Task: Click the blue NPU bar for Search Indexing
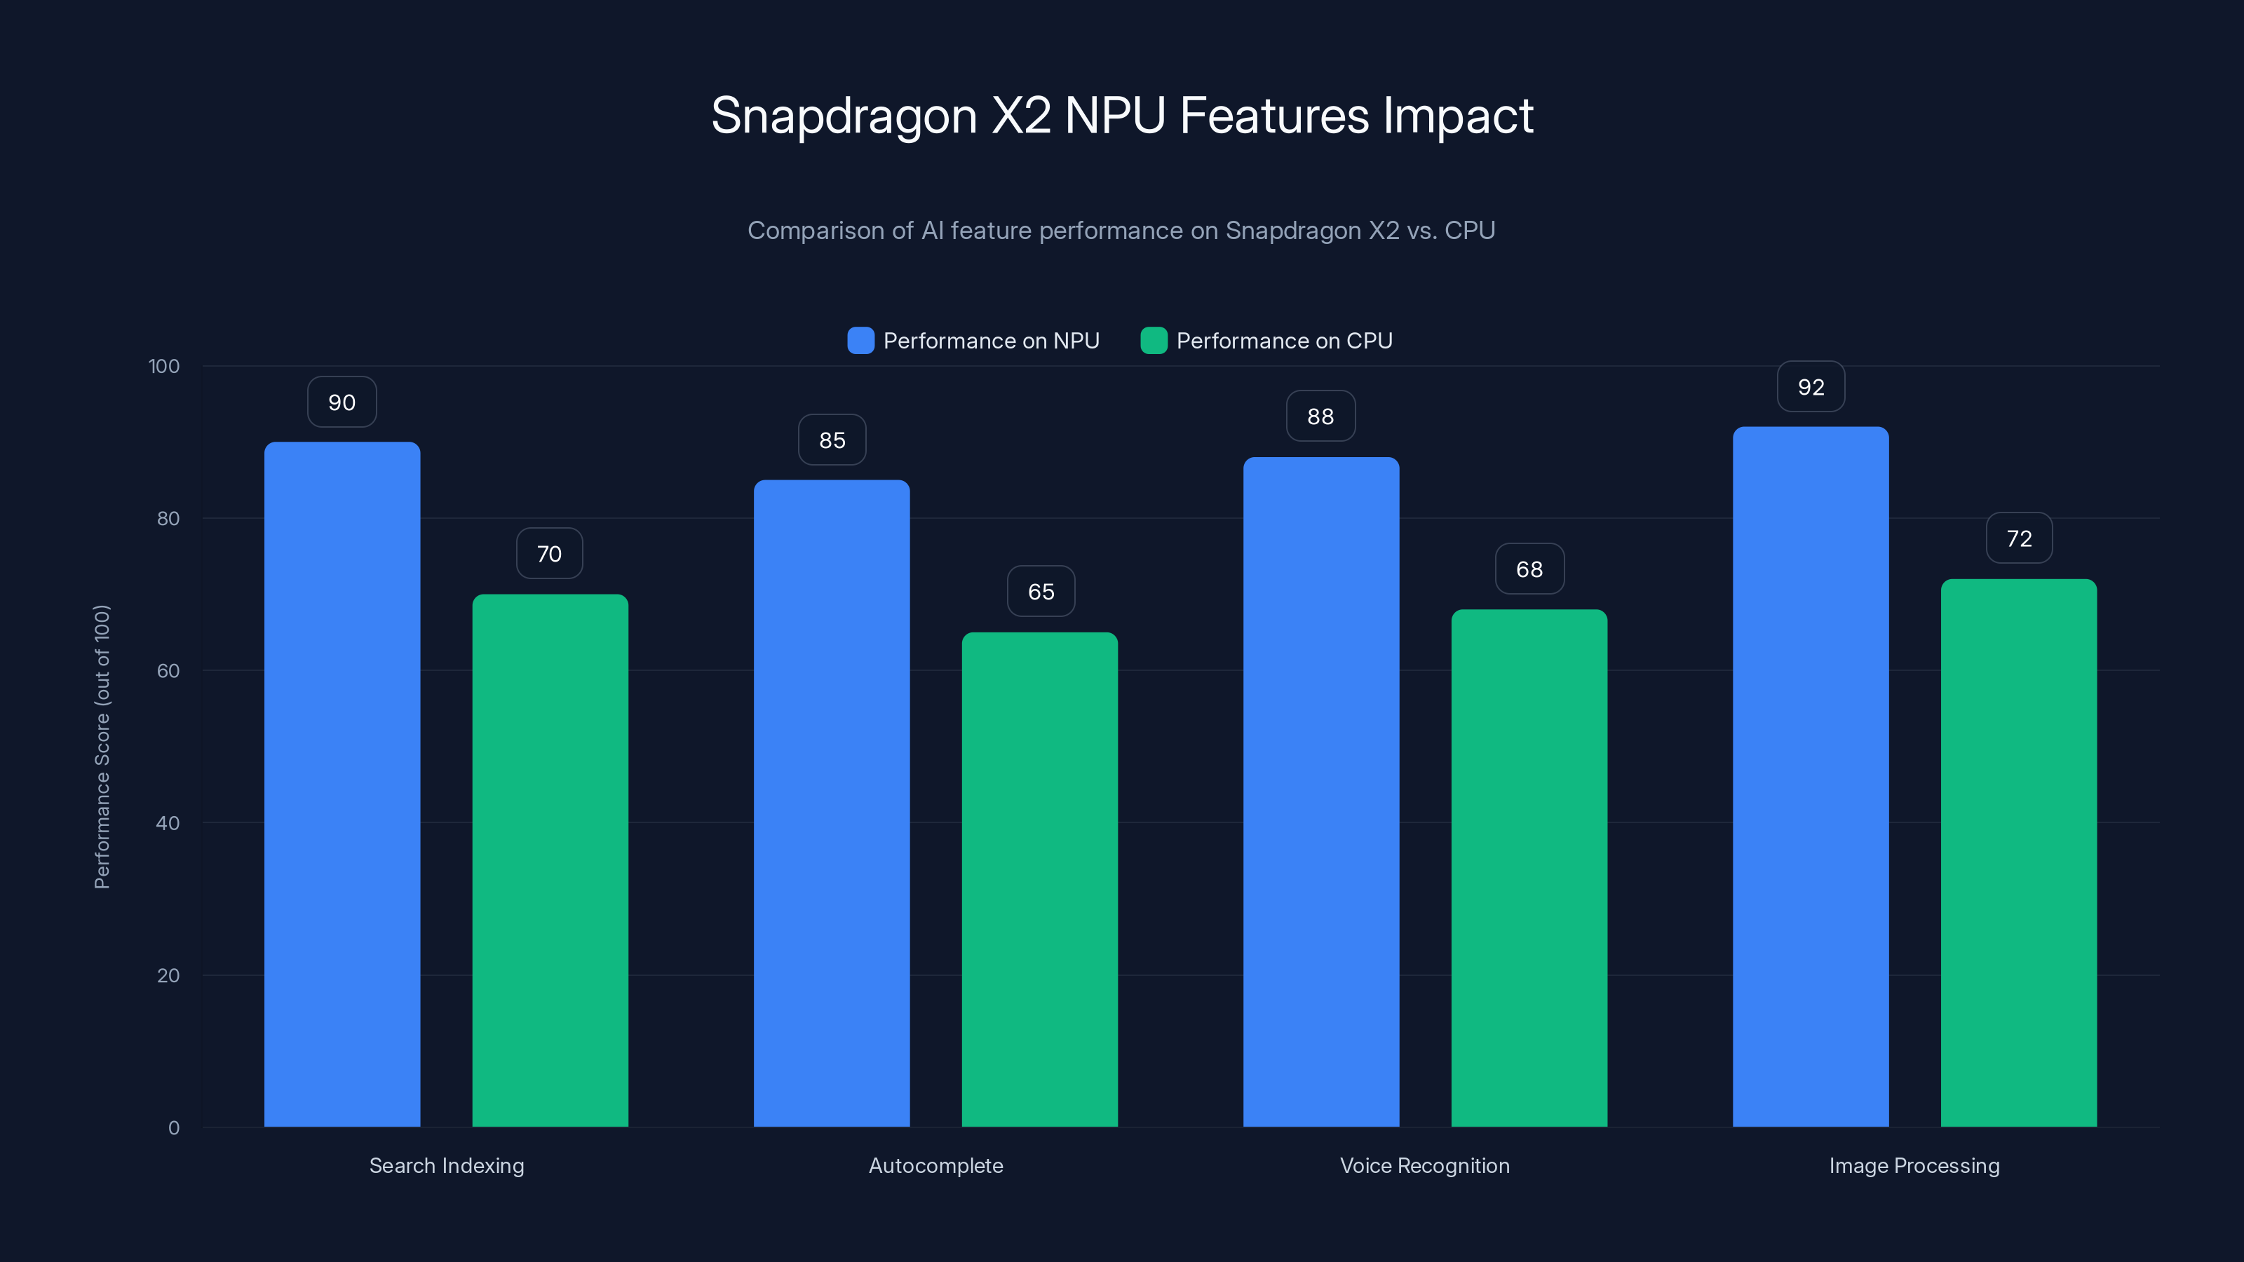click(x=342, y=784)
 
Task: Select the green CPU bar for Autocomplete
click(x=1039, y=880)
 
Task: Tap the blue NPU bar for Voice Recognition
click(x=1320, y=792)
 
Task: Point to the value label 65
click(x=1040, y=591)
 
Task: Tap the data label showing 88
click(x=1320, y=416)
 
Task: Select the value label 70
click(x=549, y=554)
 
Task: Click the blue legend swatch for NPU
click(x=860, y=341)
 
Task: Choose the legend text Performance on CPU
click(x=1284, y=341)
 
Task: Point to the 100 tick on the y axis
click(x=164, y=366)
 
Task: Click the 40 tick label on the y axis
click(x=168, y=823)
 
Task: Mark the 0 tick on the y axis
click(x=173, y=1128)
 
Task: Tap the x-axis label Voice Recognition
click(x=1424, y=1165)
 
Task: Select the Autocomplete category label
click(x=935, y=1165)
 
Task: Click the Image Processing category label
click(x=1914, y=1165)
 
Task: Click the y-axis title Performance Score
click(x=102, y=747)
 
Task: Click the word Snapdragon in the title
click(x=843, y=116)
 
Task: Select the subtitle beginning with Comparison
click(x=1121, y=231)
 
